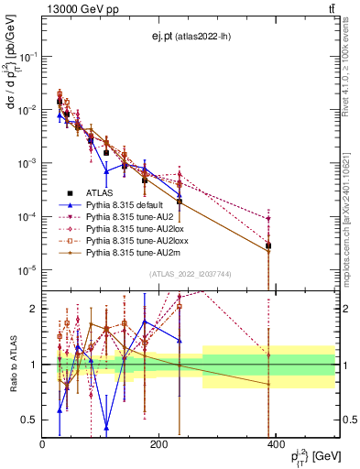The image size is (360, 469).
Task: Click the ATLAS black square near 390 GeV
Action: (268, 245)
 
